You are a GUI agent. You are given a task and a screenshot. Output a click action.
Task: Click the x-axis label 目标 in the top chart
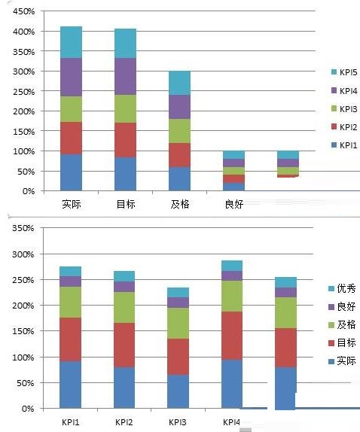[125, 203]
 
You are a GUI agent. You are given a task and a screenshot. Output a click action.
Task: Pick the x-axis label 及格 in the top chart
[179, 203]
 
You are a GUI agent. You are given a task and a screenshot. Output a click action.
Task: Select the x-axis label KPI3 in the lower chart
[178, 421]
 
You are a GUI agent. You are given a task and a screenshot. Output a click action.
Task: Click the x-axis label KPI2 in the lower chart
[124, 421]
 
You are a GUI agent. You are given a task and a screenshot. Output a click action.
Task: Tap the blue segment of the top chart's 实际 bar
[71, 172]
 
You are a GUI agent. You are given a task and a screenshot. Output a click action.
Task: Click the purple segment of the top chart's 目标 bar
[125, 76]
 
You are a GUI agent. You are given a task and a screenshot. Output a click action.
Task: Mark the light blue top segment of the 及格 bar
[179, 83]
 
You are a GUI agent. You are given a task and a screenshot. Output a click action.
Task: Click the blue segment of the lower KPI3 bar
[178, 391]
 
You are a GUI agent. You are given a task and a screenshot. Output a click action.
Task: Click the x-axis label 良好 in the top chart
[233, 203]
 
